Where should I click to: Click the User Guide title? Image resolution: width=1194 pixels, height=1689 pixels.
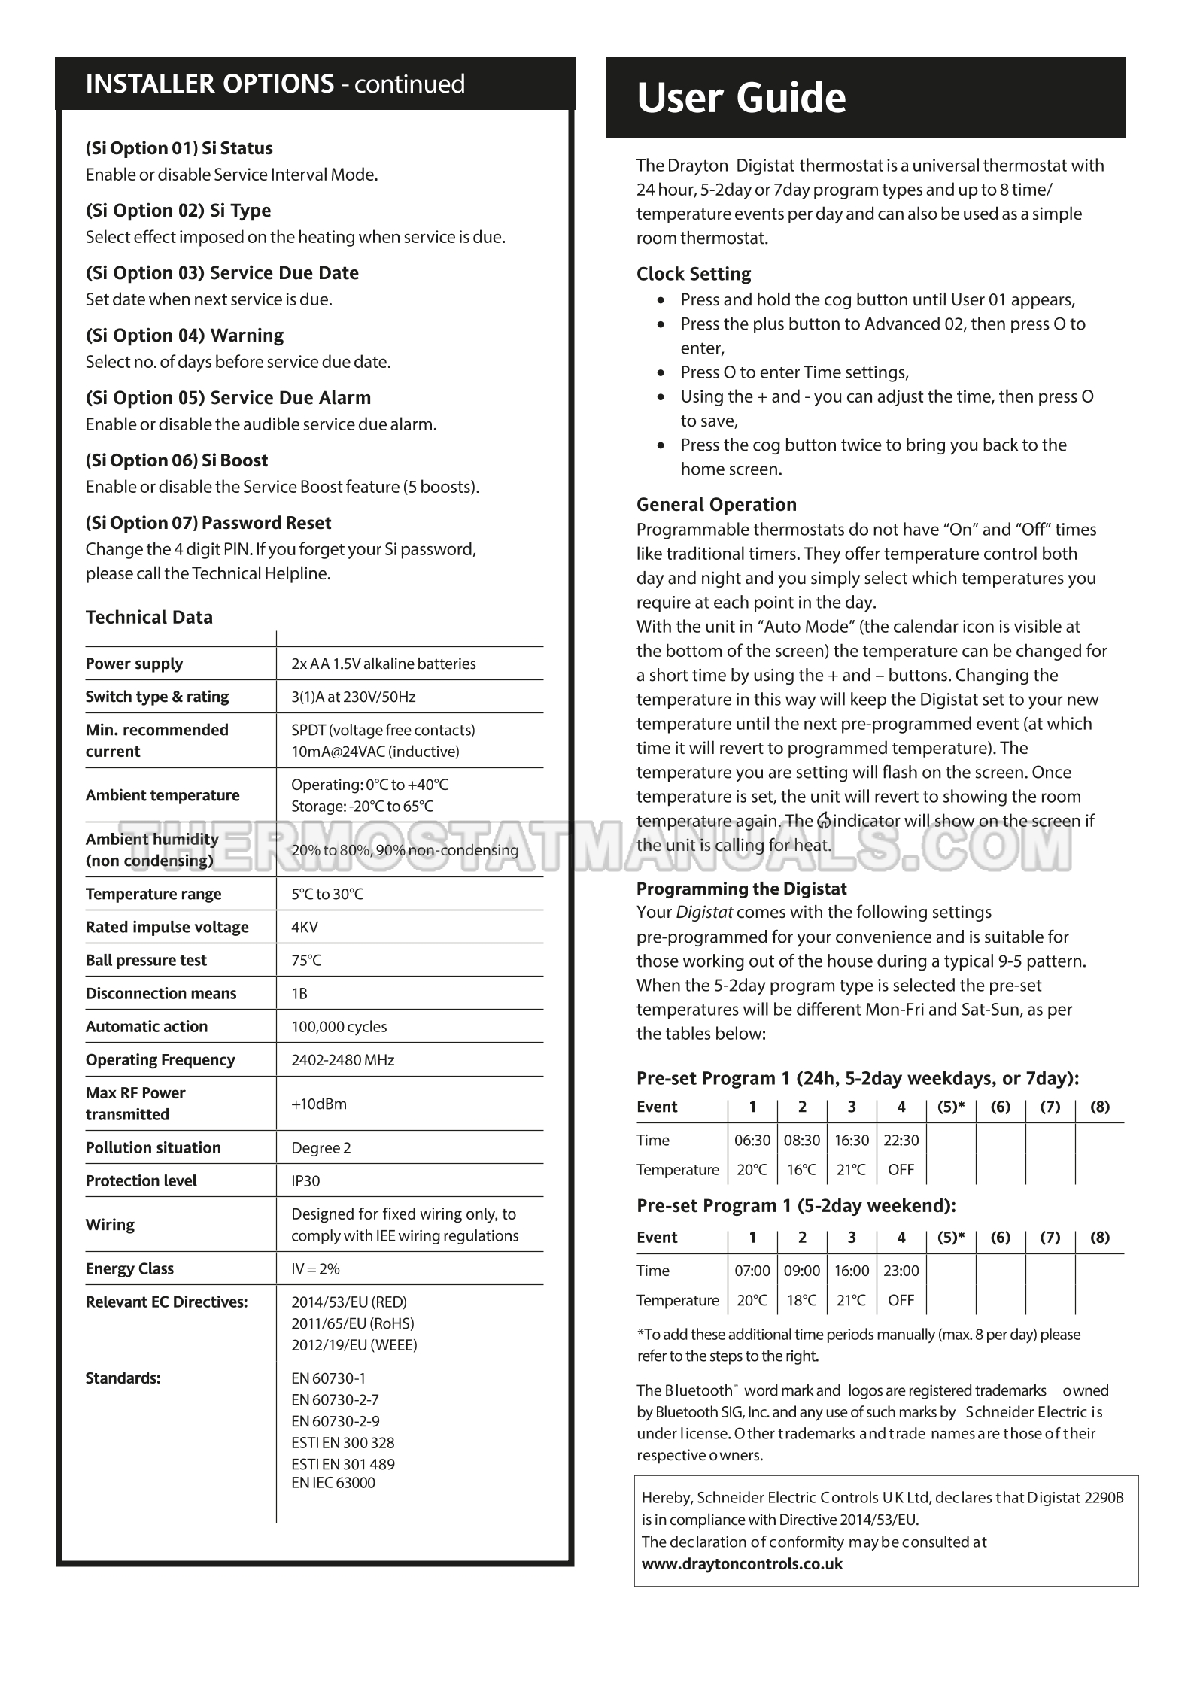(741, 98)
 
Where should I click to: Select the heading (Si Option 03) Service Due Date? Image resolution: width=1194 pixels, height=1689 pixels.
(222, 272)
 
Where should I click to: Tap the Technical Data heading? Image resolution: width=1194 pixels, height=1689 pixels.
(149, 617)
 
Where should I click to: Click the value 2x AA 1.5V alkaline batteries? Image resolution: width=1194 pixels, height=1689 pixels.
(383, 664)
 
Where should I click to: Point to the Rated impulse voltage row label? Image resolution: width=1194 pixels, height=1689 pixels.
(167, 927)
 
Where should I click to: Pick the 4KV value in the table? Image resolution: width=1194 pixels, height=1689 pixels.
(305, 927)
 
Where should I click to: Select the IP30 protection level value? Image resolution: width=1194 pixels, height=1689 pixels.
(305, 1180)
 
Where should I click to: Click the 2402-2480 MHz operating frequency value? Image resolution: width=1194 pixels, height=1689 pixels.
(342, 1059)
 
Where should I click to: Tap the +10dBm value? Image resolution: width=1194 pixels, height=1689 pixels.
(319, 1104)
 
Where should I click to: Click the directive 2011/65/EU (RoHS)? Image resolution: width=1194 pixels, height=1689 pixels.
(352, 1323)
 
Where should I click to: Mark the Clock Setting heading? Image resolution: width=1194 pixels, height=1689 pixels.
(694, 274)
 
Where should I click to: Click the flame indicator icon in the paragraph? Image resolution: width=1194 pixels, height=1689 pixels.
(825, 821)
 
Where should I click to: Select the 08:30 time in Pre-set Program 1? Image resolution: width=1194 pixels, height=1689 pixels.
(802, 1140)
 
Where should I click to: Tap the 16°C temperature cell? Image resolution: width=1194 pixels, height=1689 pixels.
(802, 1170)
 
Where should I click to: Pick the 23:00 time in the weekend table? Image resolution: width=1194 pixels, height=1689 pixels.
(901, 1271)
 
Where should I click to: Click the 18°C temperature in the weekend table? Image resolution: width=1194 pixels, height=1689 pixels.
(802, 1300)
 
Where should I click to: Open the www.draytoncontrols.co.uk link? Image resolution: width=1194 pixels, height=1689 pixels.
(742, 1563)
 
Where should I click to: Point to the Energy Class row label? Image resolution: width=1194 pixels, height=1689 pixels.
(129, 1268)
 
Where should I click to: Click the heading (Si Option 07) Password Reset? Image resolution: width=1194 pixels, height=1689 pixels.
(208, 523)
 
